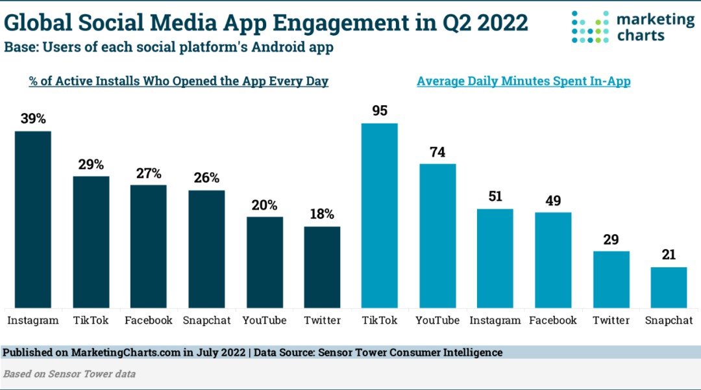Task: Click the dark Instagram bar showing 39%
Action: coord(33,219)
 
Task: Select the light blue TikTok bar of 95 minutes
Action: coord(379,215)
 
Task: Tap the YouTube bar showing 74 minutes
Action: coord(437,235)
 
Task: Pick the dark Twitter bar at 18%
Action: coord(322,266)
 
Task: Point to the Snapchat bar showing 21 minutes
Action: coord(669,287)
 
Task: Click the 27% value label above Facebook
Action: coord(149,174)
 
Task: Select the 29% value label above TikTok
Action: coord(91,164)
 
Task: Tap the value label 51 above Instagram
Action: coord(495,197)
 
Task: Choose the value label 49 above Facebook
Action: coord(553,200)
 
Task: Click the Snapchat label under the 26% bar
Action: coord(206,320)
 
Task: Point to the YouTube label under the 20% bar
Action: coord(264,320)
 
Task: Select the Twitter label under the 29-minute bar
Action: coord(611,320)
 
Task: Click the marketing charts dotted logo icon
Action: coord(591,27)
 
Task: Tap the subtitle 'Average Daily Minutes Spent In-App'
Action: coord(524,82)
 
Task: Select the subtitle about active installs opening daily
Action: coord(178,82)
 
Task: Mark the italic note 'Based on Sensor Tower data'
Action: coord(69,374)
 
